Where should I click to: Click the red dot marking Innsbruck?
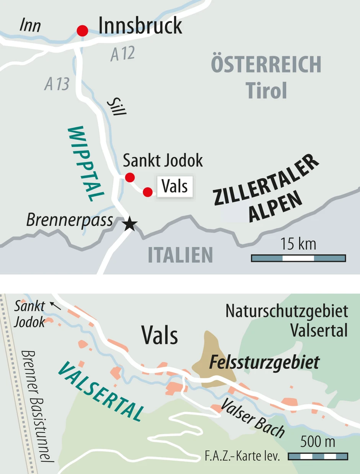[82, 30]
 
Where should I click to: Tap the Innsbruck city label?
[140, 26]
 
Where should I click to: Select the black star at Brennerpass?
[130, 224]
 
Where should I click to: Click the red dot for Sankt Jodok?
[130, 177]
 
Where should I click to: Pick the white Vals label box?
[175, 186]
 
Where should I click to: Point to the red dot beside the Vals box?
[148, 192]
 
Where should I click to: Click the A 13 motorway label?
[57, 84]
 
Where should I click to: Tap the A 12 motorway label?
[123, 54]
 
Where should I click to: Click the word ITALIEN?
[180, 255]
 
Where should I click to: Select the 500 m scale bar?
[317, 456]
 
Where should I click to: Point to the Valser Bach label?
[253, 418]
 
